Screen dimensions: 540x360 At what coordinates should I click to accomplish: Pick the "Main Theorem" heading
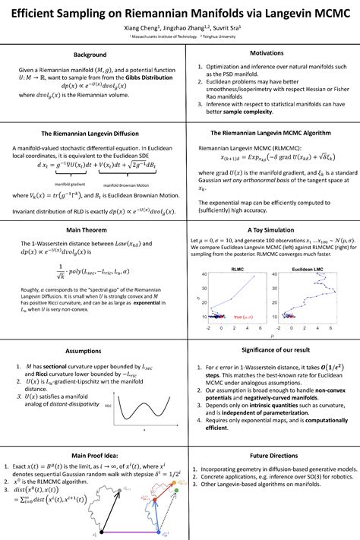coord(90,228)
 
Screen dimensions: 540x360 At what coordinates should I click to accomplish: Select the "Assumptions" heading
coord(90,351)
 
